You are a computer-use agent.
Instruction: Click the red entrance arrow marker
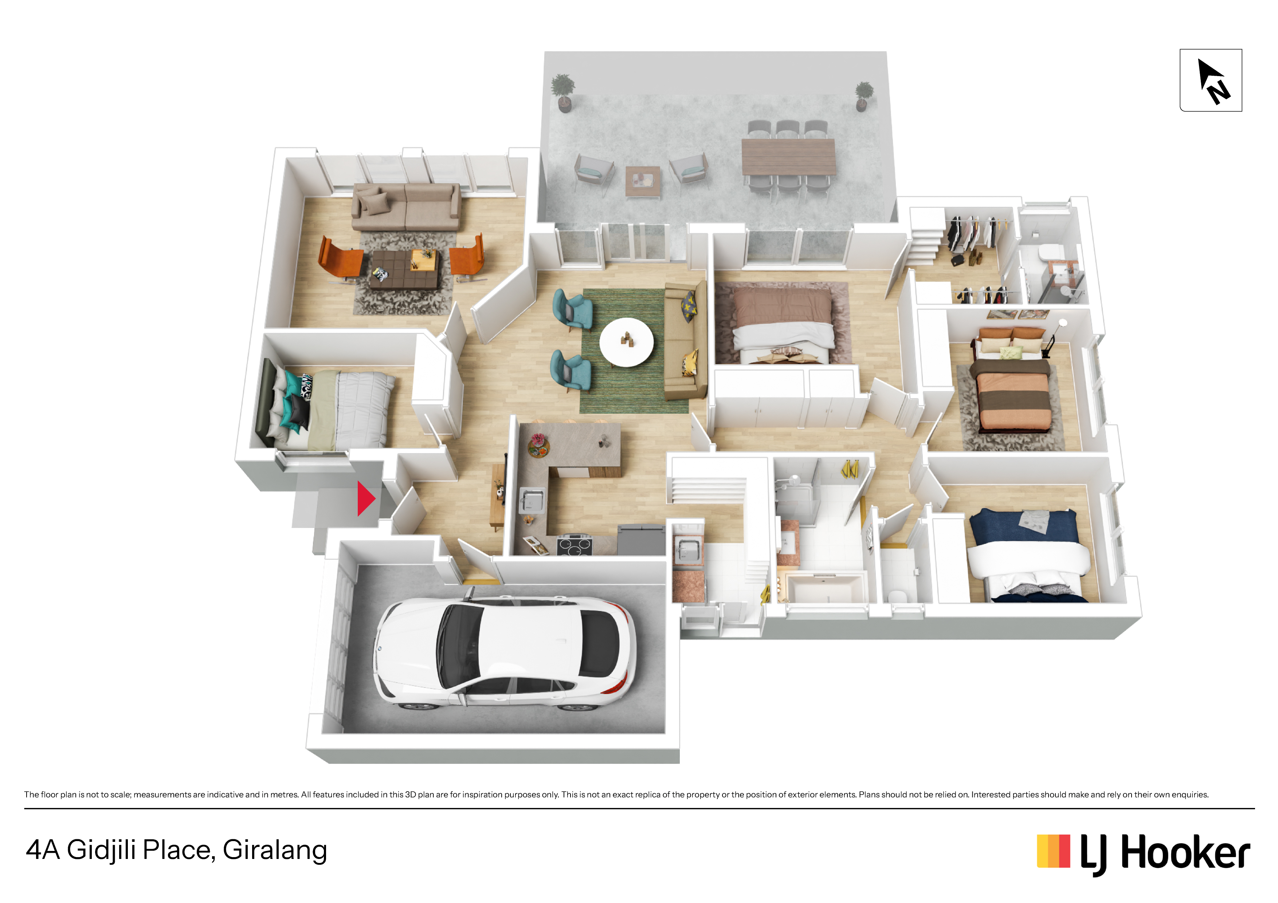click(x=365, y=498)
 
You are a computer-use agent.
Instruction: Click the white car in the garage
click(x=504, y=654)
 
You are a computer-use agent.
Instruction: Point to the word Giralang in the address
click(x=274, y=850)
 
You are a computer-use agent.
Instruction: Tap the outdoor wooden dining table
click(x=788, y=157)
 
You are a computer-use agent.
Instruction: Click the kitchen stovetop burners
click(x=574, y=545)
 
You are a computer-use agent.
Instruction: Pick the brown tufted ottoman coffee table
click(x=404, y=269)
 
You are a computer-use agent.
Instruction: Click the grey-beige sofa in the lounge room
click(x=406, y=206)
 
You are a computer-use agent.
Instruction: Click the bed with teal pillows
click(x=326, y=407)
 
